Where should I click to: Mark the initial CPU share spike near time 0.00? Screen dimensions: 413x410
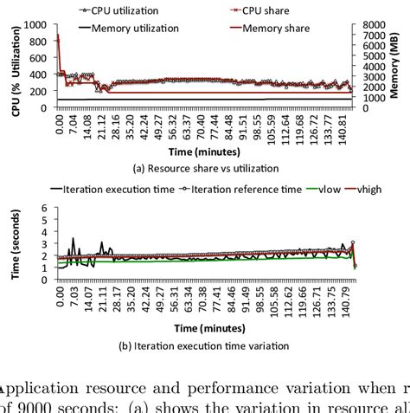click(x=57, y=36)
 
